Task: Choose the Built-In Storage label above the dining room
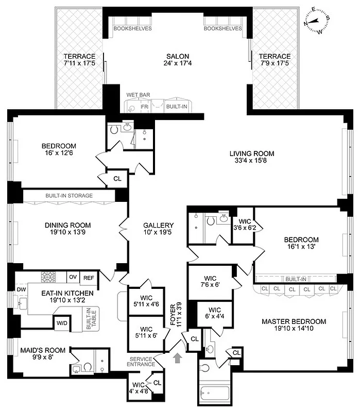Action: click(x=69, y=196)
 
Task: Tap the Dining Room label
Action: click(x=67, y=225)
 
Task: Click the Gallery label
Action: click(x=158, y=225)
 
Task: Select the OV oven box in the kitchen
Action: click(x=73, y=277)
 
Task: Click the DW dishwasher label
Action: click(x=21, y=289)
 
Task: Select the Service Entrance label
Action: click(x=142, y=361)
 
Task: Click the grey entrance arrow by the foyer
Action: click(x=178, y=357)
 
